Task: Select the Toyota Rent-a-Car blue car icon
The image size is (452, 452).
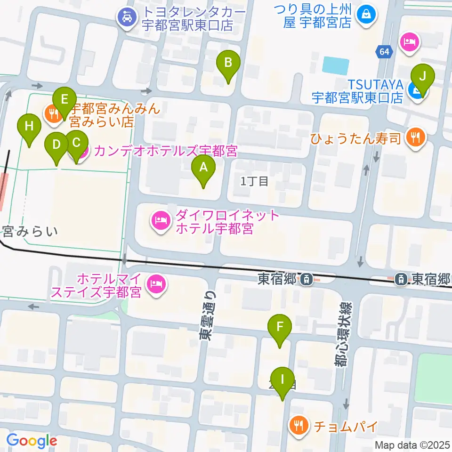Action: pos(126,18)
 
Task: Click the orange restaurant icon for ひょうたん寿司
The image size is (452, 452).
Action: pos(416,137)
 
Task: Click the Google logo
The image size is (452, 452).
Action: pos(32,441)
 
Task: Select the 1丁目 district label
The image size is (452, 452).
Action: pos(254,181)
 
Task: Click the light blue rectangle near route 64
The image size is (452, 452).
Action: pos(336,65)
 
